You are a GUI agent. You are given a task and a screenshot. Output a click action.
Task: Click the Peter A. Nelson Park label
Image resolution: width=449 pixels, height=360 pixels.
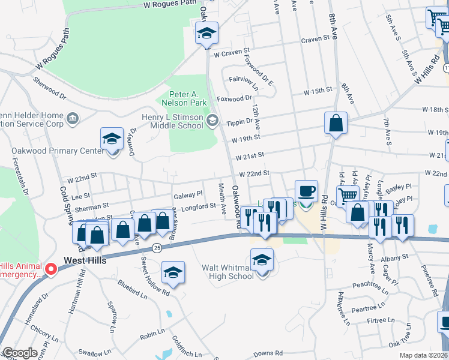pos(185,99)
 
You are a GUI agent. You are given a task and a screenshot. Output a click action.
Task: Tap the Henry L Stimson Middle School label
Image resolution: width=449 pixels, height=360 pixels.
pos(173,121)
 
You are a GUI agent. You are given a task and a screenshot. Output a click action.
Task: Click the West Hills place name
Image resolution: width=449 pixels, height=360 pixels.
pos(85,261)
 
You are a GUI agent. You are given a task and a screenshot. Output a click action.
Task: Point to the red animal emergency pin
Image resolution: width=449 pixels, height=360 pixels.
pos(52,270)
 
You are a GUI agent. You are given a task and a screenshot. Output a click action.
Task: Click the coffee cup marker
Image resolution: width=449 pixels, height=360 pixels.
pos(306,191)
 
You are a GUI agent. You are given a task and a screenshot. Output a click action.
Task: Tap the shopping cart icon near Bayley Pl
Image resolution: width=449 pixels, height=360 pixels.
pos(348,195)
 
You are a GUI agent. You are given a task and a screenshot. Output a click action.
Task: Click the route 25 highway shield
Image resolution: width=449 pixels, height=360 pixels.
pos(157,247)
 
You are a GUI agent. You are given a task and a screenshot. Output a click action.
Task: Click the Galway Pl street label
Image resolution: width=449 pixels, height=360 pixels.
pos(188,195)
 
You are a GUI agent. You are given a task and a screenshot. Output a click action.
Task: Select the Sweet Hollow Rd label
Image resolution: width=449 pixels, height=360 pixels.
pos(154,276)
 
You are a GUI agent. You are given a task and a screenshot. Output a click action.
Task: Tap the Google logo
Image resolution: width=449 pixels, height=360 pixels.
pos(20,353)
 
